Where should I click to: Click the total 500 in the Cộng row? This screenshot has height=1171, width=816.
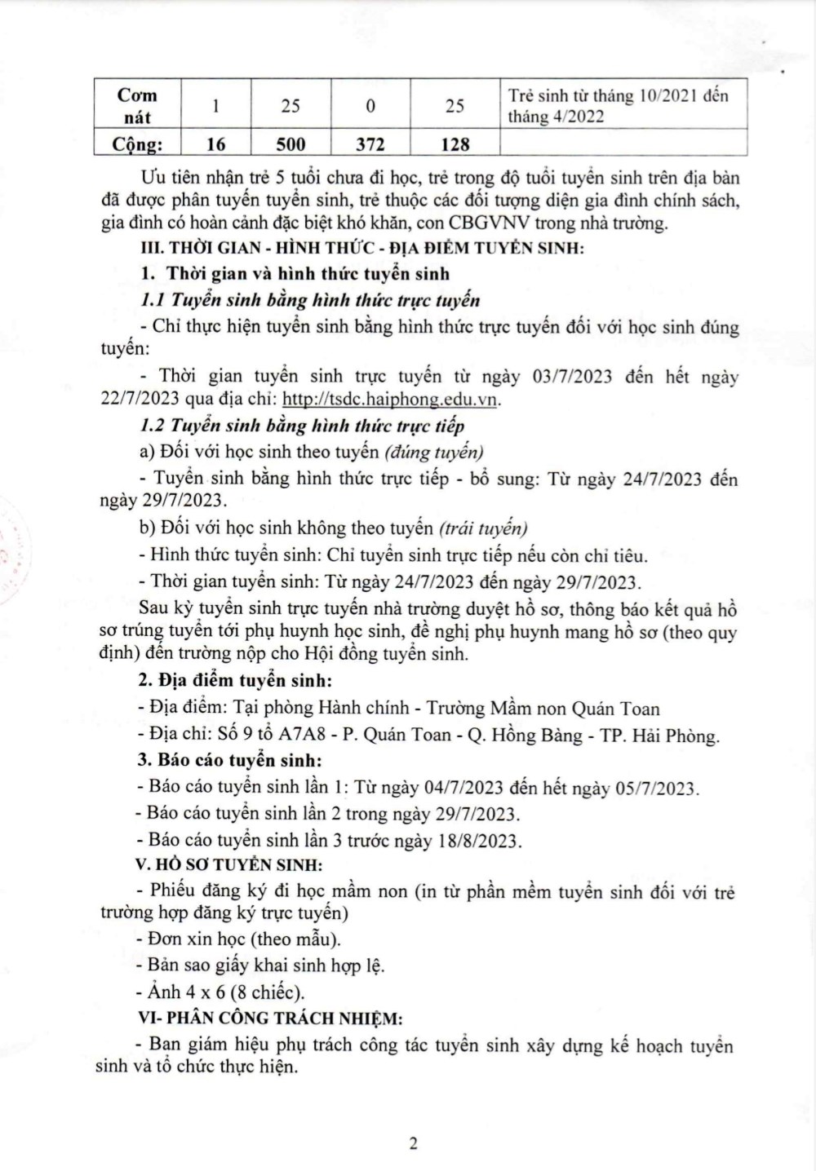(x=290, y=144)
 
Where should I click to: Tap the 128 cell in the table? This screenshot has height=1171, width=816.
(x=455, y=144)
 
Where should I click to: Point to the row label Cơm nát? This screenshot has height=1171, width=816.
(x=137, y=105)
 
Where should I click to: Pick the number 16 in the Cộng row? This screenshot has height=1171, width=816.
(x=215, y=144)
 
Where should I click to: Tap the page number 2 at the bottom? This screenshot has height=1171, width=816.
(x=413, y=1143)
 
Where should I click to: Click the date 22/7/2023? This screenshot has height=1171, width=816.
(x=135, y=400)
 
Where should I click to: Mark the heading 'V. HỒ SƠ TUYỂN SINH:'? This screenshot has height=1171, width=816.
(x=228, y=864)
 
